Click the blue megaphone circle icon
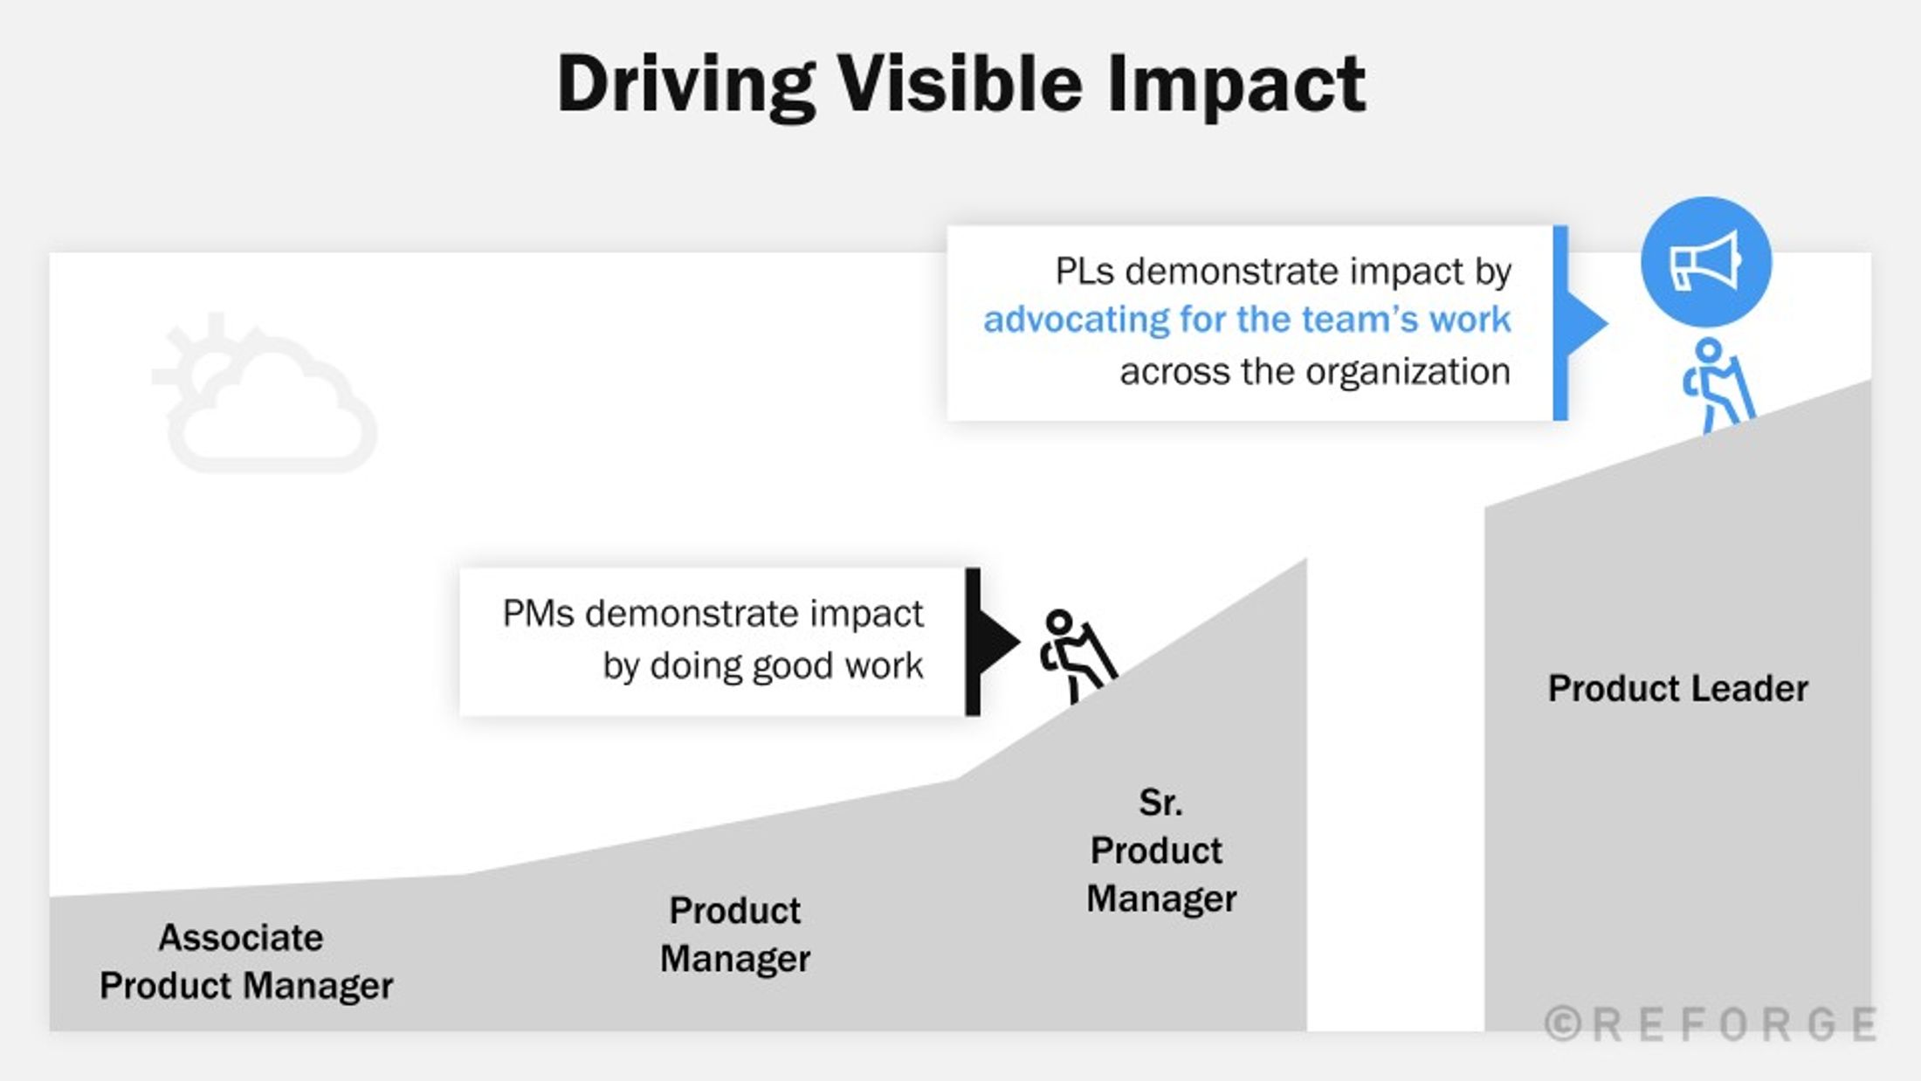tap(1705, 262)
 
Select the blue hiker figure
tap(1718, 385)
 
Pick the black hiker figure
tap(1078, 656)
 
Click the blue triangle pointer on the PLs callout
tap(1587, 323)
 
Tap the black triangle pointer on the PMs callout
tap(999, 642)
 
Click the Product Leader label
tap(1677, 688)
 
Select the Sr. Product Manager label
tap(1161, 850)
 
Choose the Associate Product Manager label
tap(245, 961)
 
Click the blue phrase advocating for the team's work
tap(1247, 320)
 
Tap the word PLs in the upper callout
tap(1084, 272)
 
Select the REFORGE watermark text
tap(1734, 1024)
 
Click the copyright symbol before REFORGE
tap(1563, 1023)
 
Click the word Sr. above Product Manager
tap(1160, 802)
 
